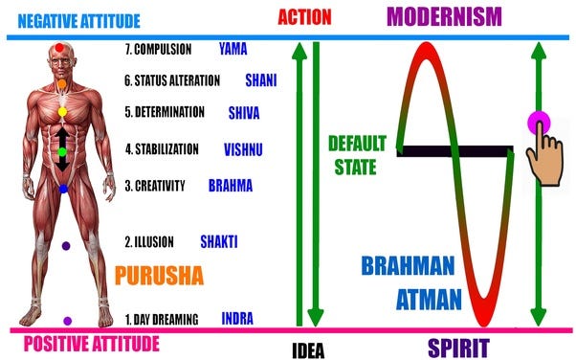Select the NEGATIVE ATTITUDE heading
tap(78, 19)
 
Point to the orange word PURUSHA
tap(159, 277)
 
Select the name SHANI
tap(261, 80)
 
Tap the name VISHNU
tap(245, 149)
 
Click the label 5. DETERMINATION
tap(165, 112)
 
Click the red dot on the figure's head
tap(61, 47)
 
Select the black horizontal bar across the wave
tap(455, 150)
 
